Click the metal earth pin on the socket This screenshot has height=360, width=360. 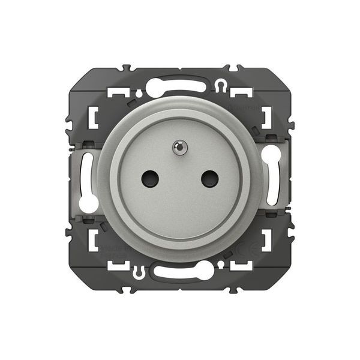[179, 145]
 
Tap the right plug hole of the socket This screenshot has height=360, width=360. [209, 177]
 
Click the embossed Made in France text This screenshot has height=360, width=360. [110, 250]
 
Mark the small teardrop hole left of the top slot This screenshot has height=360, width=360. [139, 94]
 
